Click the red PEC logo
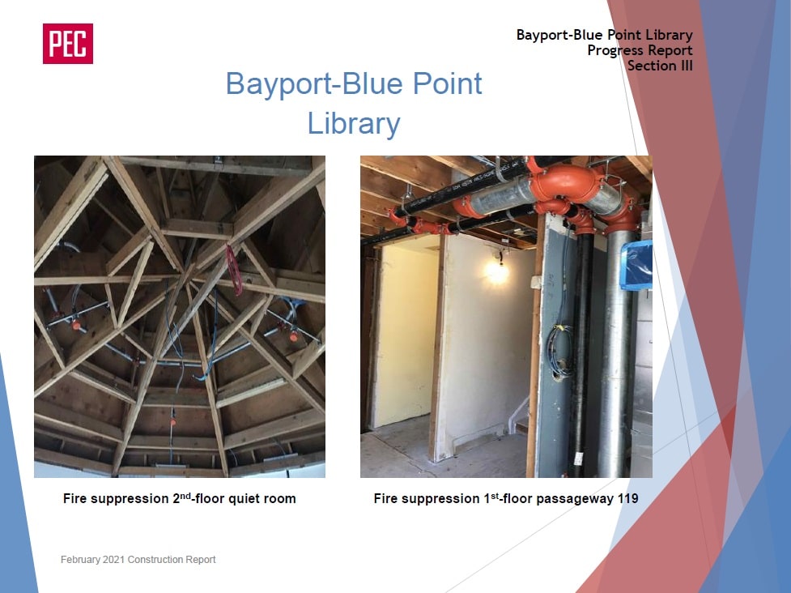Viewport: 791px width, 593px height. (67, 44)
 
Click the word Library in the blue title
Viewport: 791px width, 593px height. (354, 124)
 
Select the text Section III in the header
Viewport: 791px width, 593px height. (660, 66)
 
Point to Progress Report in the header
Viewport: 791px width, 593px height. (640, 50)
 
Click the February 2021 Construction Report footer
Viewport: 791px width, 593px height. (138, 559)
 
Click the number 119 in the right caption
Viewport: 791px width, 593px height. (627, 499)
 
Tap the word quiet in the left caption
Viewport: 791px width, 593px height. (245, 499)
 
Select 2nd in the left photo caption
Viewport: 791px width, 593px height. (182, 498)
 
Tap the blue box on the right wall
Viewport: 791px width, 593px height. (636, 265)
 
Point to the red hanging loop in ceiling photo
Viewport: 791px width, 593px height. (233, 269)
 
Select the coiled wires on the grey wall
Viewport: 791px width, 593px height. (559, 350)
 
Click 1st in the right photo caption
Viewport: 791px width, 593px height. (491, 498)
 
